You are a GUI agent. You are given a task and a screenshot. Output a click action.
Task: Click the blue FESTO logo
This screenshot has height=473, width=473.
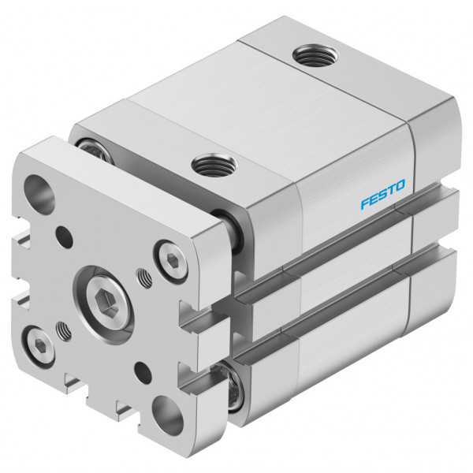(383, 194)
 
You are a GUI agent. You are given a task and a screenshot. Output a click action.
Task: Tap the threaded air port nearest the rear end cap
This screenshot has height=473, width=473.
(315, 55)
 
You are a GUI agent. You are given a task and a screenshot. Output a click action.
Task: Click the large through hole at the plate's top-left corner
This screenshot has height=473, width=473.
(39, 190)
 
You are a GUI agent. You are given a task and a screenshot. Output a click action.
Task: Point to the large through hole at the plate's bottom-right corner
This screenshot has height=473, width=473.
(167, 415)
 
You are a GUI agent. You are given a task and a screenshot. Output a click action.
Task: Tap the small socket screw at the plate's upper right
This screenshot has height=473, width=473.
(171, 261)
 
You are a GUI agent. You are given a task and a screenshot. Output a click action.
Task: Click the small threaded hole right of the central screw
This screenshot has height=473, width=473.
(144, 277)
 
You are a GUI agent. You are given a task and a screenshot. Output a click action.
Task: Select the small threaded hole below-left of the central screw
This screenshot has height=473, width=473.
(64, 330)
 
